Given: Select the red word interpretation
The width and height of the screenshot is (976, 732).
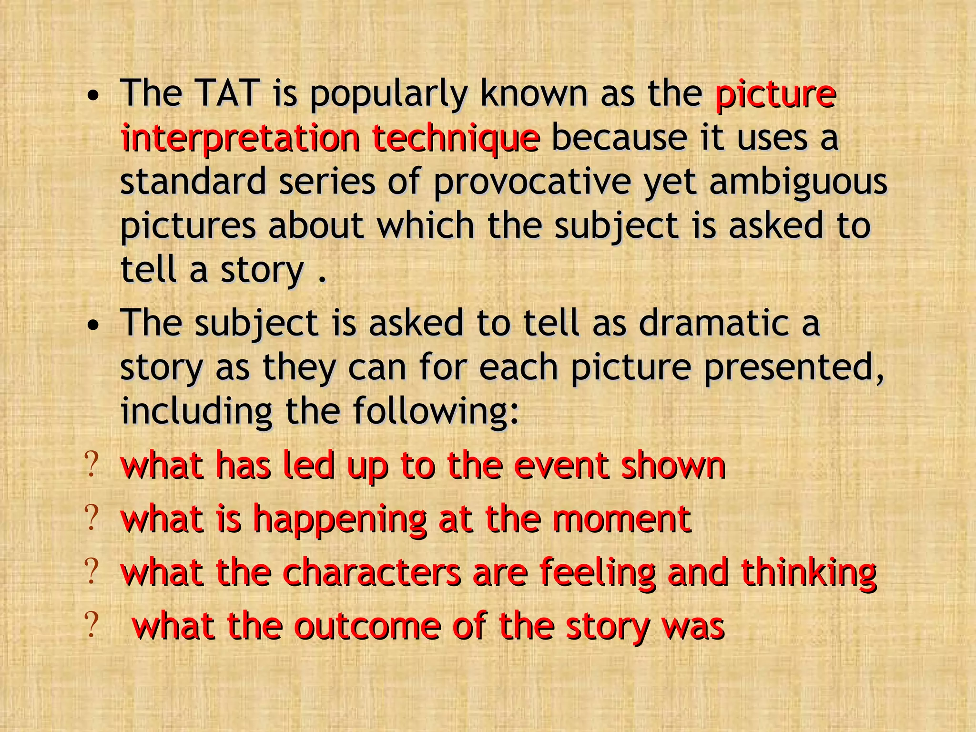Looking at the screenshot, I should coord(240,138).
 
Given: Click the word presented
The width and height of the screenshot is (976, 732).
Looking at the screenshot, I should coord(793,367).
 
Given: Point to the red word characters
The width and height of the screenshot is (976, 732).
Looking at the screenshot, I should coord(372,572).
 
